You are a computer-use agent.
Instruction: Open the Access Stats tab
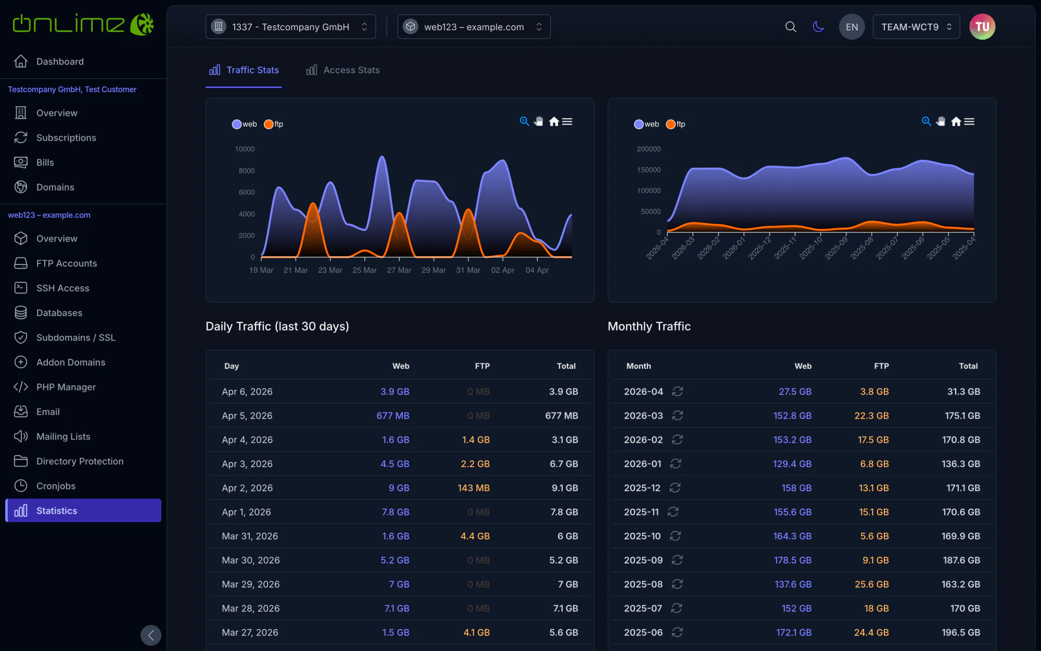pyautogui.click(x=343, y=70)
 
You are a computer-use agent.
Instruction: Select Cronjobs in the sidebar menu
pyautogui.click(x=56, y=486)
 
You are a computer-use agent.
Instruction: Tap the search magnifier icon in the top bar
pyautogui.click(x=791, y=27)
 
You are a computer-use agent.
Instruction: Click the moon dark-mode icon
pyautogui.click(x=818, y=27)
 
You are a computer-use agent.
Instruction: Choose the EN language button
pyautogui.click(x=852, y=27)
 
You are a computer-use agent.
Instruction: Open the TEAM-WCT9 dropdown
pyautogui.click(x=916, y=27)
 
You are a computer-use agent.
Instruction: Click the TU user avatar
pyautogui.click(x=982, y=27)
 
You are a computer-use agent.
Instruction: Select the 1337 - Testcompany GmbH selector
pyautogui.click(x=290, y=27)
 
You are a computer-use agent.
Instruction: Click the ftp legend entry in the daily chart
pyautogui.click(x=274, y=124)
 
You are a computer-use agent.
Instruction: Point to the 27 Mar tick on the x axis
pyautogui.click(x=399, y=270)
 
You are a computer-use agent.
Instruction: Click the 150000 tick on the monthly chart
pyautogui.click(x=649, y=170)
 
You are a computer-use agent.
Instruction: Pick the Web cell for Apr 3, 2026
pyautogui.click(x=395, y=464)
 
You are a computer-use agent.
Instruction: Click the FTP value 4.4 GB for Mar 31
pyautogui.click(x=475, y=536)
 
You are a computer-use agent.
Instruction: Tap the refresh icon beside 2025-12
pyautogui.click(x=675, y=488)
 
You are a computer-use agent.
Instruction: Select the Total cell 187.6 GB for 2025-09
pyautogui.click(x=961, y=560)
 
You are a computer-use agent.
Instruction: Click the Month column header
pyautogui.click(x=639, y=366)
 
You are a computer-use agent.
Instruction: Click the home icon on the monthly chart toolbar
pyautogui.click(x=956, y=121)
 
